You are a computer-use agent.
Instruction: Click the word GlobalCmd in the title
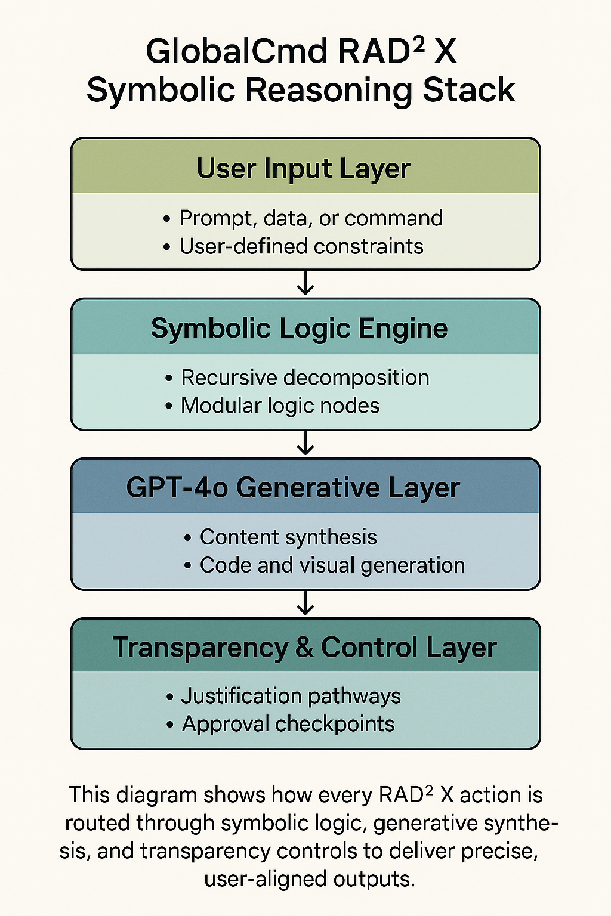[x=236, y=52]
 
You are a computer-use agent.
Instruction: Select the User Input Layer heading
[x=304, y=168]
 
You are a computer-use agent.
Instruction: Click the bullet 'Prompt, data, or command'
[x=310, y=218]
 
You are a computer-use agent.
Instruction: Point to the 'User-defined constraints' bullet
[x=301, y=246]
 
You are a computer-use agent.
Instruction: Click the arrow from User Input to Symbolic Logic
[x=305, y=283]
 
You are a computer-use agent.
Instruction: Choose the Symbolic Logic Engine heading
[x=300, y=329]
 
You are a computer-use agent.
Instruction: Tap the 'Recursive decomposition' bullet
[x=305, y=377]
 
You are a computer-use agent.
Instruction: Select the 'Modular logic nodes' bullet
[x=280, y=406]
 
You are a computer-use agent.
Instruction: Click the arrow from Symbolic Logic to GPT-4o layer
[x=305, y=443]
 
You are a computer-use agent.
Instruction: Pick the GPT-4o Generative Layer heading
[x=293, y=488]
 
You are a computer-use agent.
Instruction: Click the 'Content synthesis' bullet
[x=288, y=537]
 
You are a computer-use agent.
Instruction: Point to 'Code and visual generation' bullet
[x=332, y=565]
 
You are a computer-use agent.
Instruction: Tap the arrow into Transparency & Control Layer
[x=305, y=603]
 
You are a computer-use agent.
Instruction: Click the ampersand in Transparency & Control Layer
[x=304, y=648]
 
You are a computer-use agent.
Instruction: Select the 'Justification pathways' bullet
[x=291, y=696]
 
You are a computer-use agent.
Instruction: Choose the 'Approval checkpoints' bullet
[x=288, y=724]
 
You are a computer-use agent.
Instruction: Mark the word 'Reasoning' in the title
[x=328, y=91]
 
